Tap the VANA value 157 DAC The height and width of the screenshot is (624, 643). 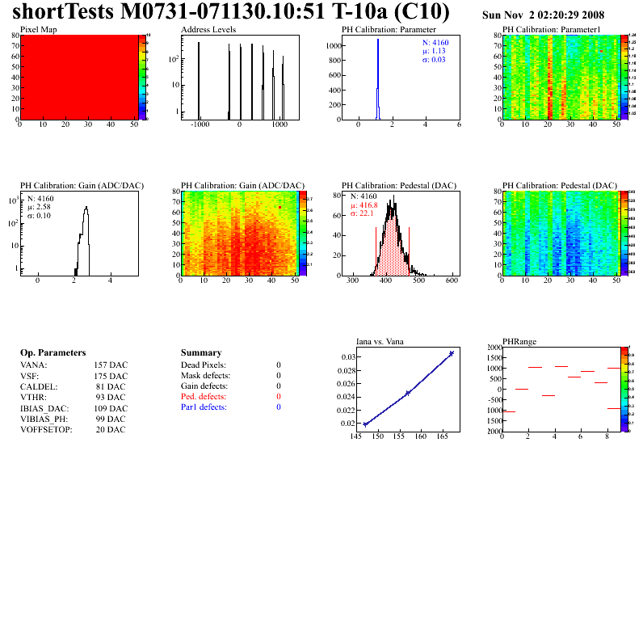tap(111, 365)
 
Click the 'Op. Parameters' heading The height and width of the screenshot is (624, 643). tap(53, 353)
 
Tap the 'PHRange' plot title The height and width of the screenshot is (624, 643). tap(519, 341)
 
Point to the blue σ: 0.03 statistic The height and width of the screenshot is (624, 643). tap(435, 60)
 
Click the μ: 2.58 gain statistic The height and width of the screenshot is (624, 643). tap(40, 207)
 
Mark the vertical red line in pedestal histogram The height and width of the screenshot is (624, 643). tap(410, 251)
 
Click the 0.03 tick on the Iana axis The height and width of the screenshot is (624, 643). tap(347, 357)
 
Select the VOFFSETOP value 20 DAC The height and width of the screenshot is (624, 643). tap(111, 429)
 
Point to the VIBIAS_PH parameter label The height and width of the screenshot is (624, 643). tap(44, 419)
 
